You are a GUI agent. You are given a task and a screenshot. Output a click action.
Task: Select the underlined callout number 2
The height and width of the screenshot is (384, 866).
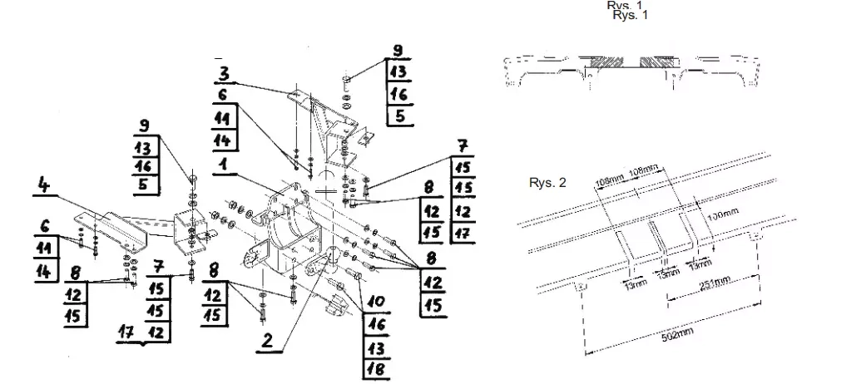[x=267, y=339]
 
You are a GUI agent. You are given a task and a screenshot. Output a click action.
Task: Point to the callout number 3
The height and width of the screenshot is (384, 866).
[x=224, y=71]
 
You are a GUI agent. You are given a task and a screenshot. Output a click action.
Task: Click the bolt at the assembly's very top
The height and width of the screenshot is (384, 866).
[x=346, y=81]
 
